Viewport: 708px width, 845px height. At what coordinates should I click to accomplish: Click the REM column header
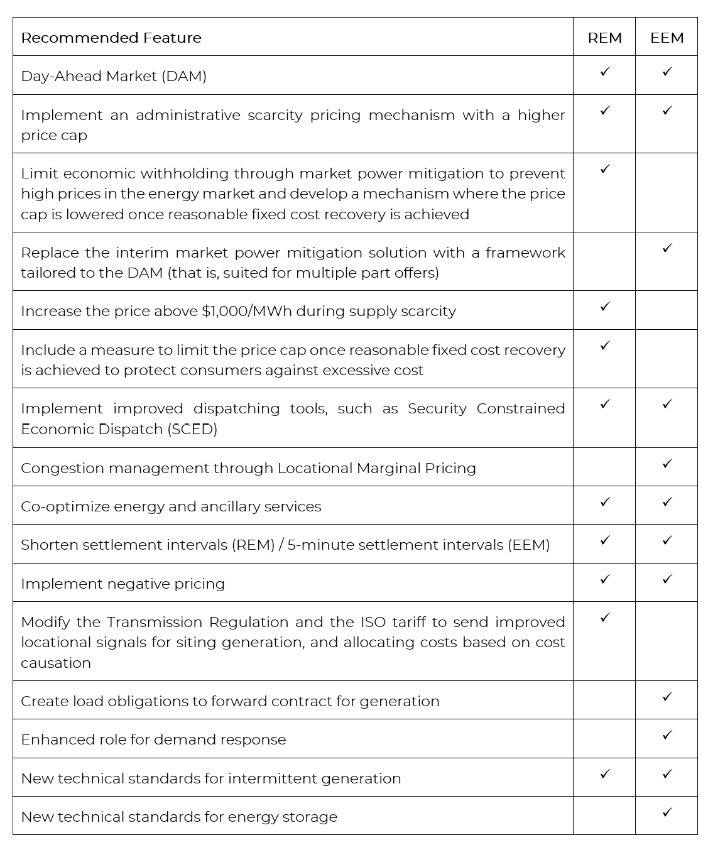pyautogui.click(x=604, y=38)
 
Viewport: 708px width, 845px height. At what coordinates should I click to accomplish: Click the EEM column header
pyautogui.click(x=667, y=38)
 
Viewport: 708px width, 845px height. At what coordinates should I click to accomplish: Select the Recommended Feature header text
pyautogui.click(x=111, y=38)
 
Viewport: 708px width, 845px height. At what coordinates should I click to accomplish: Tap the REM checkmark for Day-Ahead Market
pyautogui.click(x=605, y=72)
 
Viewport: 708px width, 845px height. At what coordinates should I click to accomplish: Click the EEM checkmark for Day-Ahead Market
pyautogui.click(x=667, y=72)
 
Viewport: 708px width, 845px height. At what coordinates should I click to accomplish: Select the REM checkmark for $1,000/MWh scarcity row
pyautogui.click(x=605, y=307)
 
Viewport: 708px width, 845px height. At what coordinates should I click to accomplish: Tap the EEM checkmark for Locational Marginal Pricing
pyautogui.click(x=667, y=464)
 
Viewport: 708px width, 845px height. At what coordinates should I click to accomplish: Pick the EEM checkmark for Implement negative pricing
pyautogui.click(x=667, y=579)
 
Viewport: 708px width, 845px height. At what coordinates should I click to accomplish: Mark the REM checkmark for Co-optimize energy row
pyautogui.click(x=605, y=502)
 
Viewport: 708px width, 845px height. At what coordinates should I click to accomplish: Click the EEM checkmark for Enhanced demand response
pyautogui.click(x=667, y=735)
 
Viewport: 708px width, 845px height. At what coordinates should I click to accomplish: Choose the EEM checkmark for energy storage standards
pyautogui.click(x=667, y=812)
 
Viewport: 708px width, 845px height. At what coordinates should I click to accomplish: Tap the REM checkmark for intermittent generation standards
pyautogui.click(x=605, y=774)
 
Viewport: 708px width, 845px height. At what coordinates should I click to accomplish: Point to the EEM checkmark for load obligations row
pyautogui.click(x=667, y=697)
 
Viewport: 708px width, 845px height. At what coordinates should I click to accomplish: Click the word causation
pyautogui.click(x=56, y=663)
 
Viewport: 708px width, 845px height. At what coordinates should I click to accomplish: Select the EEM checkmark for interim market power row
pyautogui.click(x=667, y=248)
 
